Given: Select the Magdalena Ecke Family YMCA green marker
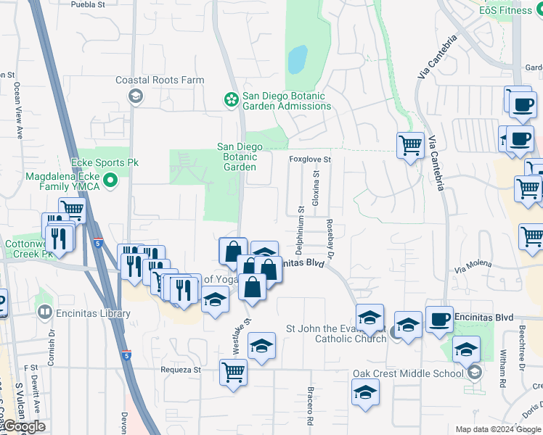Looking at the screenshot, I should (110, 179).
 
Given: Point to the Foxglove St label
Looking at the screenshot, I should (309, 159).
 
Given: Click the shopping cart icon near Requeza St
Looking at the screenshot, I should (234, 372).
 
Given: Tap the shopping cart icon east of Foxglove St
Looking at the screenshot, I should (411, 145).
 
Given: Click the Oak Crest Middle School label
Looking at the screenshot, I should (408, 374).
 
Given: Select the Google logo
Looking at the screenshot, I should (23, 426).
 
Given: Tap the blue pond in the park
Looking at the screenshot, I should (296, 60).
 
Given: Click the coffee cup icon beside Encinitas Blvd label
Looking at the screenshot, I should (439, 320).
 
